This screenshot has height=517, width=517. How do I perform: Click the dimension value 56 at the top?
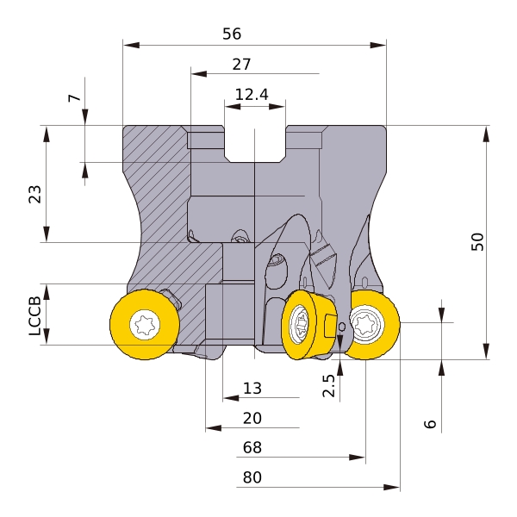pyautogui.click(x=232, y=34)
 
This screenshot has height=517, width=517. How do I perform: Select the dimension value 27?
pyautogui.click(x=241, y=65)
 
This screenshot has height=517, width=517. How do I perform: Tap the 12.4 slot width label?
pyautogui.click(x=252, y=95)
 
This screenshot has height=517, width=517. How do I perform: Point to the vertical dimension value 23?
pyautogui.click(x=35, y=194)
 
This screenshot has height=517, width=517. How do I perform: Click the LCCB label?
pyautogui.click(x=35, y=316)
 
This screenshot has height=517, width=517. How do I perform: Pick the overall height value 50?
pyautogui.click(x=477, y=241)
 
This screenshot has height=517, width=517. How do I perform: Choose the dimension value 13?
pyautogui.click(x=252, y=389)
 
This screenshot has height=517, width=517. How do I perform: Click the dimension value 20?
pyautogui.click(x=252, y=418)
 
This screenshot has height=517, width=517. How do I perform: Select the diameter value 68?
pyautogui.click(x=252, y=447)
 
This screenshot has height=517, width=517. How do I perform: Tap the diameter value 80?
pyautogui.click(x=252, y=477)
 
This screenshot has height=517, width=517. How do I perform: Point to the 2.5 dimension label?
pyautogui.click(x=329, y=385)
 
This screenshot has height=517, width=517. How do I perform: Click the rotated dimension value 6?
pyautogui.click(x=430, y=424)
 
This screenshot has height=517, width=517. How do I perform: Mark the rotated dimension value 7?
pyautogui.click(x=74, y=98)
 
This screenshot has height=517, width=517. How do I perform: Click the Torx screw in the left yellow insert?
pyautogui.click(x=145, y=325)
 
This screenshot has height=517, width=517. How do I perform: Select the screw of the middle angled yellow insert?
pyautogui.click(x=300, y=324)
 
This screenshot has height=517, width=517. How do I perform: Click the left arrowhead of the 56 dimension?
pyautogui.click(x=131, y=45)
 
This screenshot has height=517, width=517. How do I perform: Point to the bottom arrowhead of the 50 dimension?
pyautogui.click(x=486, y=352)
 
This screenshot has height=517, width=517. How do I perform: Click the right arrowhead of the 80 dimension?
pyautogui.click(x=392, y=487)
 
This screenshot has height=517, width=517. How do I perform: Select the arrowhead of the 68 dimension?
pyautogui.click(x=357, y=458)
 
